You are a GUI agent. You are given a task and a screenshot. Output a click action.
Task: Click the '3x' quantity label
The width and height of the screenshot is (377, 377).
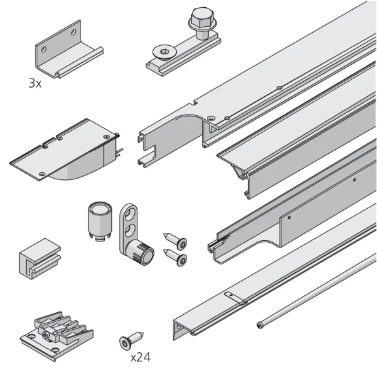(x=34, y=84)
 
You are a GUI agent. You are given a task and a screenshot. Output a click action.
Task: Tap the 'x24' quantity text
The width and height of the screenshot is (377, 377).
(x=141, y=357)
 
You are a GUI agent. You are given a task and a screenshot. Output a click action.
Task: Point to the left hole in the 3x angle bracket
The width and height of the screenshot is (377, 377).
(x=44, y=47)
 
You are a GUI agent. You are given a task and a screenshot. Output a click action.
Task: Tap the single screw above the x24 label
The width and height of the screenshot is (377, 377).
(x=128, y=340)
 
